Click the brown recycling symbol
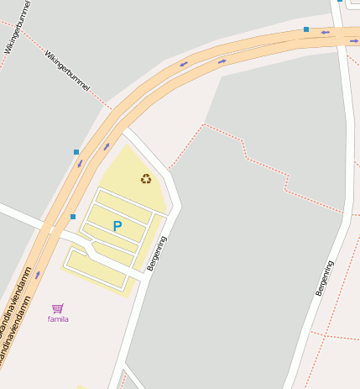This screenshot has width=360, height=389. tap(146, 178)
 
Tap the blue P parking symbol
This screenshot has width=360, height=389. tap(117, 226)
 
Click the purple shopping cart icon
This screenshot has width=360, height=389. tap(57, 308)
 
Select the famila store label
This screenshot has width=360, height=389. tap(58, 319)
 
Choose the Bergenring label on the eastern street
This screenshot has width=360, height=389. tap(324, 276)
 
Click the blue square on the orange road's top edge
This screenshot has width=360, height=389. tap(306, 29)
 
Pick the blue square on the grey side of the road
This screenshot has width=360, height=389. tap(76, 152)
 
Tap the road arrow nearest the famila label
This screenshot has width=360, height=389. tap(37, 275)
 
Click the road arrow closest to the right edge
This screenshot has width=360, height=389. tap(353, 40)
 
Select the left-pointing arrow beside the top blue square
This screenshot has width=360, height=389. tap(324, 32)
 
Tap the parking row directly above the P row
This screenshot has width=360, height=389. tap(123, 207)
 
